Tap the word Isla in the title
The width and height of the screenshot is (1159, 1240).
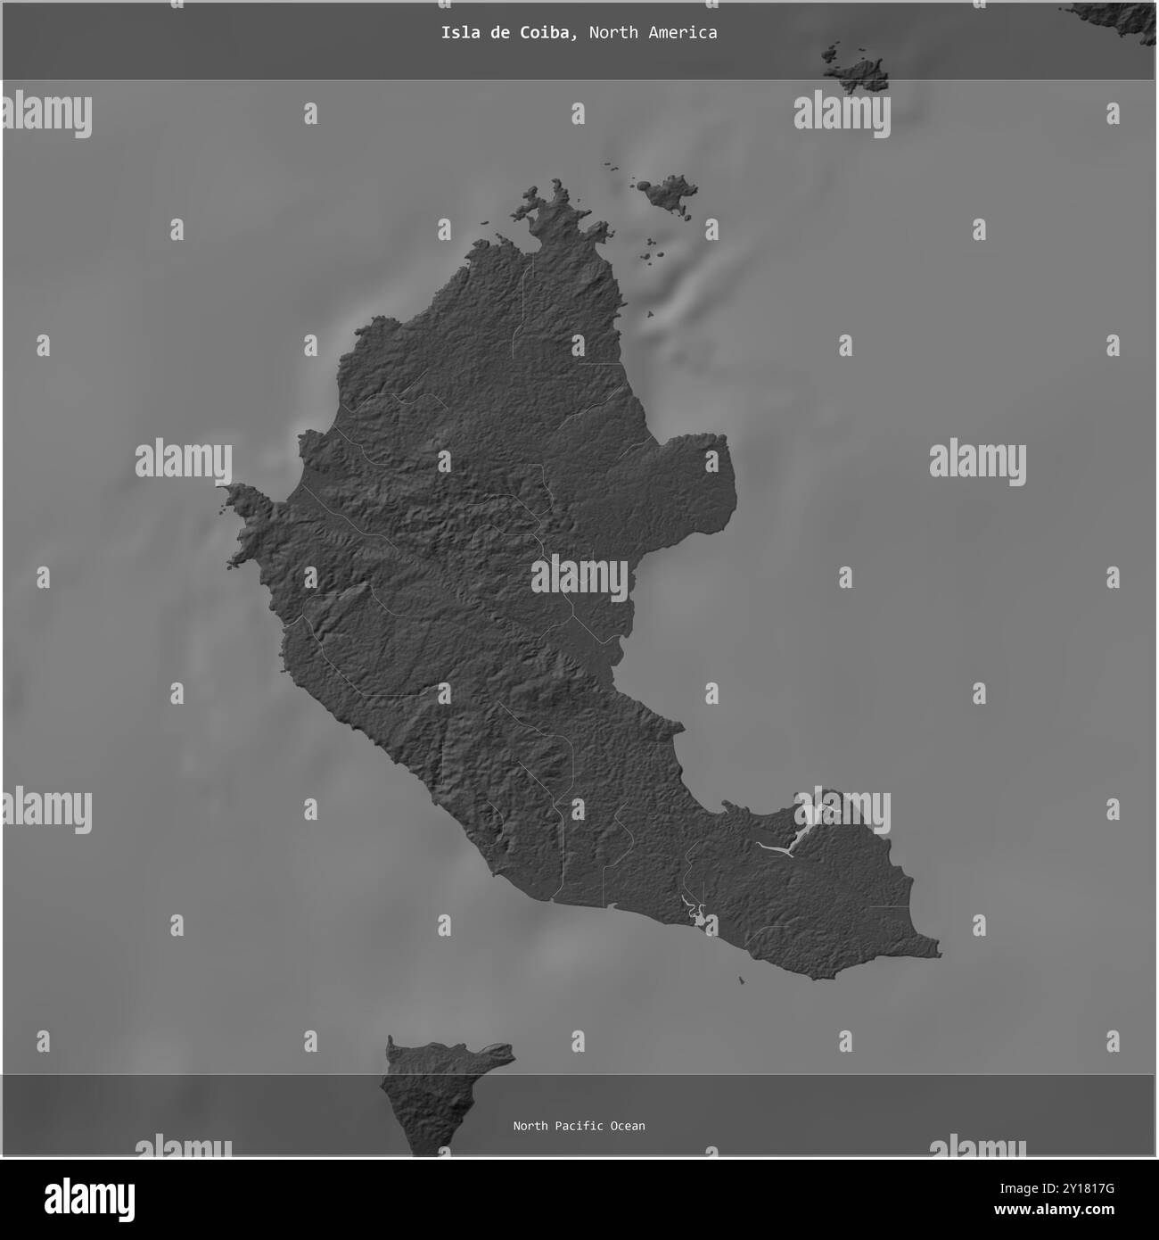tap(457, 33)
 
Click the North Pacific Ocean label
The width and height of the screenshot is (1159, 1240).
tap(579, 1126)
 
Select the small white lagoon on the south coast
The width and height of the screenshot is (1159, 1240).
tap(694, 912)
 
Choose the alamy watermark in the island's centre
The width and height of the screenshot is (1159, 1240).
tap(579, 575)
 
